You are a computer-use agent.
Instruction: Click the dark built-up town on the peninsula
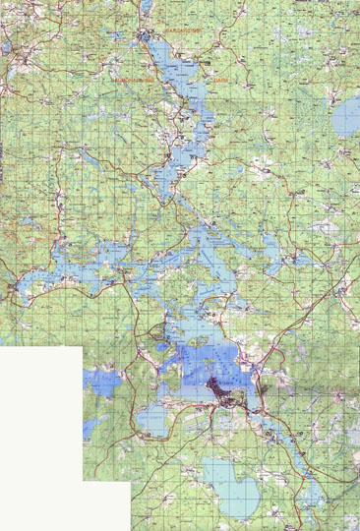pos(228,393)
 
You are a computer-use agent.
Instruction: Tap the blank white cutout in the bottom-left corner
pos(59,442)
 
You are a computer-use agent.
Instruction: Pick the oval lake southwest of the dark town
pos(153,421)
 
